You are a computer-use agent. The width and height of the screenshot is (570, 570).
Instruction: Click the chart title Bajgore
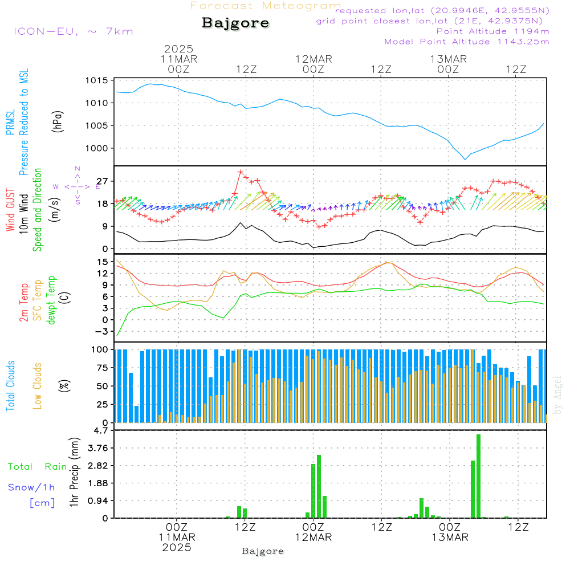pos(235,23)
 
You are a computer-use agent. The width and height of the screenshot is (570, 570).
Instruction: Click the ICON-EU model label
pos(73,31)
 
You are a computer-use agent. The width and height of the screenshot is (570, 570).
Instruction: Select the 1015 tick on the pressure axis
pos(97,80)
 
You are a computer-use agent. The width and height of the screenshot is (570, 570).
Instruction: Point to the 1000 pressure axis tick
pos(97,148)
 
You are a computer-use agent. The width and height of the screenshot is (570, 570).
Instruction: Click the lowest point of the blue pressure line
pos(466,159)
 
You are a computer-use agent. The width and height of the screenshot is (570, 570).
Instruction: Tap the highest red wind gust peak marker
pos(240,172)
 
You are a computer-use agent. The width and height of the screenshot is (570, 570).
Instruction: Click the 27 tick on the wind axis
pos(102,181)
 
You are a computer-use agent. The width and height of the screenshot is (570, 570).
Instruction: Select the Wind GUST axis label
pos(10,210)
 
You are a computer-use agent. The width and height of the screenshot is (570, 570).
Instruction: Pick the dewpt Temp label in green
pos(51,300)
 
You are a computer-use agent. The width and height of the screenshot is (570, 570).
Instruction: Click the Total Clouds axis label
pos(10,386)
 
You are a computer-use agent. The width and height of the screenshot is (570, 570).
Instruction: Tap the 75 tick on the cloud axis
pos(101,368)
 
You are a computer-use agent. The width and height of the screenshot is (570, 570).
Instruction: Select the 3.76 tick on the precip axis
pos(96,448)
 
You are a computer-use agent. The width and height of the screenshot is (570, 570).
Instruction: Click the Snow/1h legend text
pos(32,488)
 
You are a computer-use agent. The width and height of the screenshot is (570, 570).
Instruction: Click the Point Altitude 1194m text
pos(492,31)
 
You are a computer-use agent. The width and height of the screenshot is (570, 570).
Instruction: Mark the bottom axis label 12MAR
pos(313,538)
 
